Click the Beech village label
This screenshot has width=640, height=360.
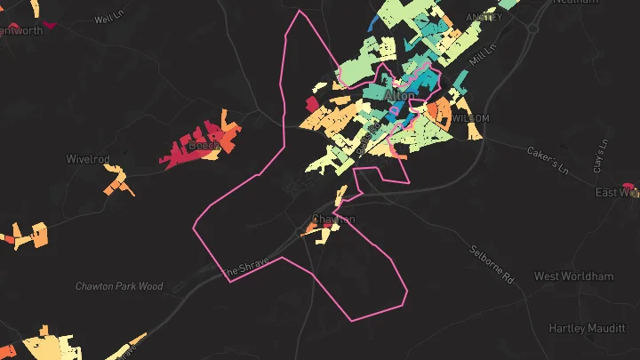(204, 145)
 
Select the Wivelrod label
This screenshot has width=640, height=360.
(88, 160)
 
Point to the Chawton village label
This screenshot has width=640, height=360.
(333, 220)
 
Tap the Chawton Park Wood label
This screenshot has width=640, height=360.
(119, 286)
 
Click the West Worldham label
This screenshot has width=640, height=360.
(573, 276)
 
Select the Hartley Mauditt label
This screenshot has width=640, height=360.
(587, 329)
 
